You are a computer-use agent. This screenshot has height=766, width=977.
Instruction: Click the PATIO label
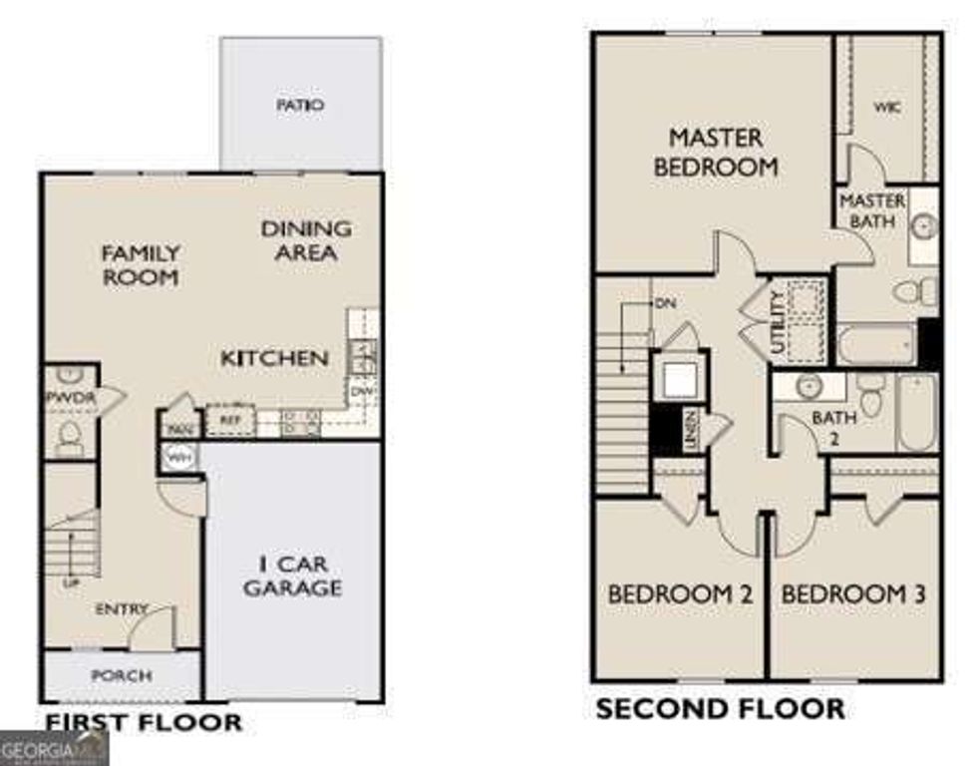pos(300,105)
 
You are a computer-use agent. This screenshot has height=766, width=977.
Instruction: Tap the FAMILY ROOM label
pos(141,264)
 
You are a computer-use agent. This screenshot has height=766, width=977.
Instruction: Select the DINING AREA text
pos(306,240)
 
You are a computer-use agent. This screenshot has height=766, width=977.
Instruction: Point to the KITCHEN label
pos(274,357)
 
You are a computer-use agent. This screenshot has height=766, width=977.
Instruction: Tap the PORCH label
pos(122,675)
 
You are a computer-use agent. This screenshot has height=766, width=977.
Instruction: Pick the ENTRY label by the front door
pos(122,608)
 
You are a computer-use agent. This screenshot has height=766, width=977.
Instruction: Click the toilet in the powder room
pos(70,434)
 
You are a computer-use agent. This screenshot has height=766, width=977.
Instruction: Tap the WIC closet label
pos(887,107)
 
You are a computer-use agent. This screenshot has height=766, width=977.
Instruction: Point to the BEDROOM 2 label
pos(680,594)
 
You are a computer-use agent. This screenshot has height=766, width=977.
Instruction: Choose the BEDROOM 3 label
pos(853,594)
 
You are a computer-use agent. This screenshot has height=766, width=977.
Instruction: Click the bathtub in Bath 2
pos(916,412)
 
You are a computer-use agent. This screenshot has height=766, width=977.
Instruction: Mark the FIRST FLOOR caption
pos(143,721)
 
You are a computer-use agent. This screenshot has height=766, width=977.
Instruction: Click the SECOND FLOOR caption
pos(720,709)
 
